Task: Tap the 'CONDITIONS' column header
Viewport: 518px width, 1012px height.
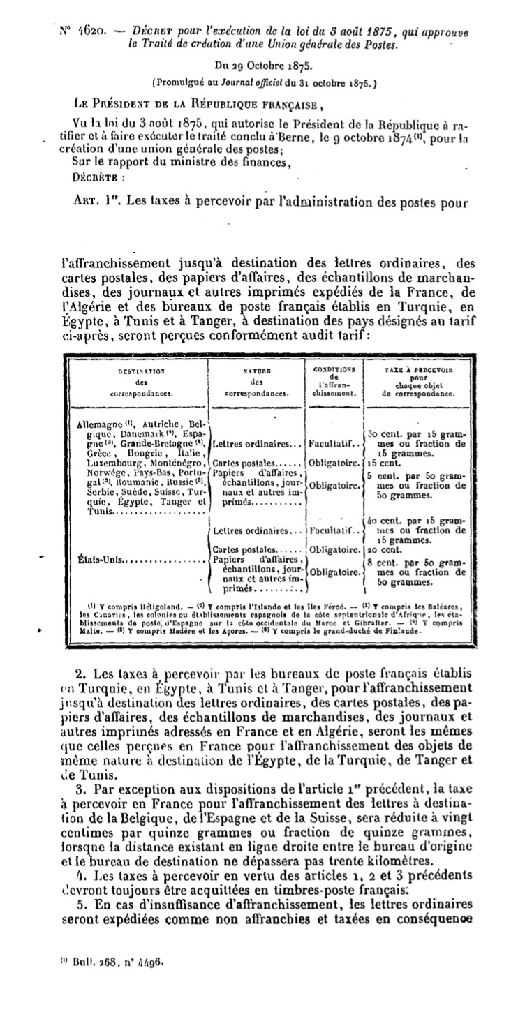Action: (x=333, y=370)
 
